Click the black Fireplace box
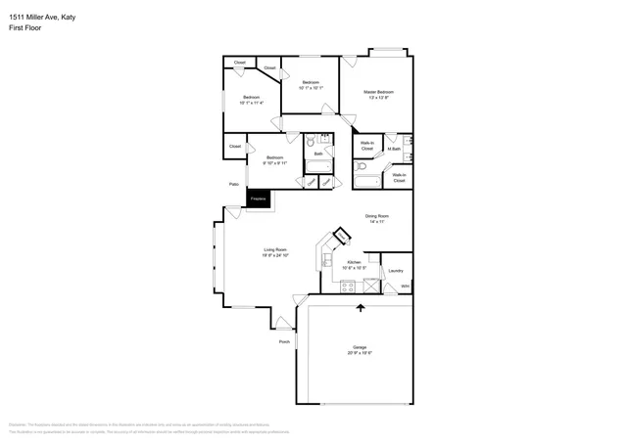[x=259, y=199]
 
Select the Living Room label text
[x=274, y=249]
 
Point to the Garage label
[x=360, y=348]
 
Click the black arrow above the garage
[x=361, y=308]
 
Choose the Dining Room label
[x=377, y=215]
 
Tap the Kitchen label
[x=354, y=262]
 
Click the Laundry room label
[x=396, y=271]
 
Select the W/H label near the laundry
[x=405, y=287]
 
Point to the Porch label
[x=284, y=342]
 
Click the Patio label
[x=234, y=184]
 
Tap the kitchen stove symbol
[x=348, y=286]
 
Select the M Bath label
[x=393, y=149]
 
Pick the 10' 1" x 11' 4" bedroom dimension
[x=252, y=103]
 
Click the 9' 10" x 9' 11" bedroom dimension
[x=275, y=163]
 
